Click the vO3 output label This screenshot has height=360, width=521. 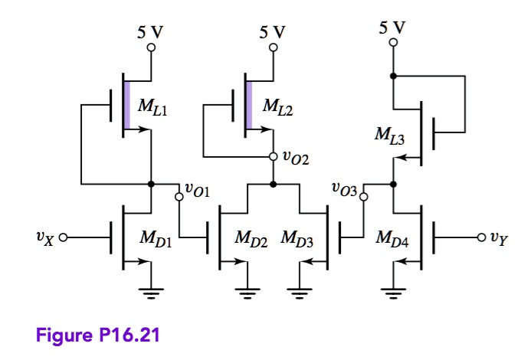point(344,188)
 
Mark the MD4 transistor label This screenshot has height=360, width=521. point(392,239)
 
